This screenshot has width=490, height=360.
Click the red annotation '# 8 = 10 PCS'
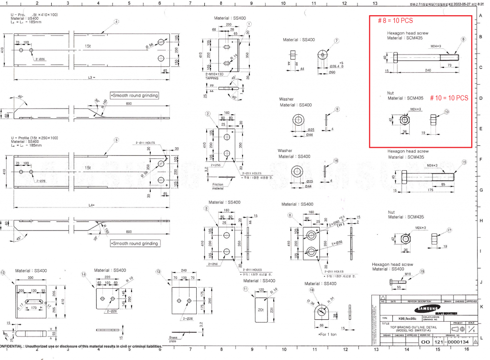point(395,21)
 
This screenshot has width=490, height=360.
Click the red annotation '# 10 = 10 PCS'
point(448,98)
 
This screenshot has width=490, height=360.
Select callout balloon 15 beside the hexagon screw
point(464,162)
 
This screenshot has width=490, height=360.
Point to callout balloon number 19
point(422,271)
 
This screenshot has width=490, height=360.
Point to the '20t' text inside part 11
point(260,310)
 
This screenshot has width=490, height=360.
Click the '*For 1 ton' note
point(328,334)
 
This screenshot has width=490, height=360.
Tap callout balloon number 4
point(116,22)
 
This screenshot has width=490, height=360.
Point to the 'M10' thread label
point(408,274)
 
